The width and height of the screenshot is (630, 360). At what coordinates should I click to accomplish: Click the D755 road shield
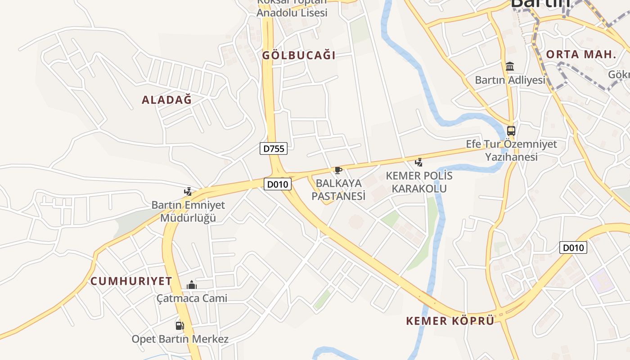(x=273, y=148)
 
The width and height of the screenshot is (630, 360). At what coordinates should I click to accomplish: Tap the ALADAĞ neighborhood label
(x=166, y=100)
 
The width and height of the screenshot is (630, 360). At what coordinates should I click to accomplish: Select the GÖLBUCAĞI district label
(x=299, y=56)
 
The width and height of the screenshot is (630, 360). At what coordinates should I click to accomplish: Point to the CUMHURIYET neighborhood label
(x=131, y=281)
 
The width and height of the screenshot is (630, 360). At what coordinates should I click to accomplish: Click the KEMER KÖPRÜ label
(x=450, y=321)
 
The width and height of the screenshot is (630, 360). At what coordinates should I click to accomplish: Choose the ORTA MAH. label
(x=580, y=55)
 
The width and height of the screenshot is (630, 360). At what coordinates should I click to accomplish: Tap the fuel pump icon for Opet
(x=180, y=325)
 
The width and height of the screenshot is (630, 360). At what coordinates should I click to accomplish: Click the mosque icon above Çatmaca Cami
(x=192, y=285)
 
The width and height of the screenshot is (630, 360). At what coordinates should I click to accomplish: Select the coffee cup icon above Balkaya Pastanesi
(x=338, y=170)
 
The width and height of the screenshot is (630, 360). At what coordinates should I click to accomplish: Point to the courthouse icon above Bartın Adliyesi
(x=510, y=67)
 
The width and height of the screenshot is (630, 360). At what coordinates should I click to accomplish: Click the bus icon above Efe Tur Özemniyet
(x=511, y=131)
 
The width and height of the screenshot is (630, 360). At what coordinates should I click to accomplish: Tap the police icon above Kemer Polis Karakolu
(x=418, y=162)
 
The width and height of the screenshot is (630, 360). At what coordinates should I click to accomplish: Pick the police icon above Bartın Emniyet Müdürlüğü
(x=188, y=192)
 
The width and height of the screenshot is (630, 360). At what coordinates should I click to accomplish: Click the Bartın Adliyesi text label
(x=510, y=80)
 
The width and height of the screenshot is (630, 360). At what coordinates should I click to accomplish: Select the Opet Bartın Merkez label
(x=180, y=339)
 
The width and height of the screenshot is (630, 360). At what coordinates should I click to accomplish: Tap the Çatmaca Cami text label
(x=192, y=298)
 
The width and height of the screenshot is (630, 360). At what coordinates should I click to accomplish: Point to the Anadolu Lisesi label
(x=292, y=13)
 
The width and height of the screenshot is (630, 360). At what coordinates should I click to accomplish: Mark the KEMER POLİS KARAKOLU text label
(x=419, y=182)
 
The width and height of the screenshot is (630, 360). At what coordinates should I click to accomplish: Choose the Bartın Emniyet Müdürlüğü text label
(x=188, y=211)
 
